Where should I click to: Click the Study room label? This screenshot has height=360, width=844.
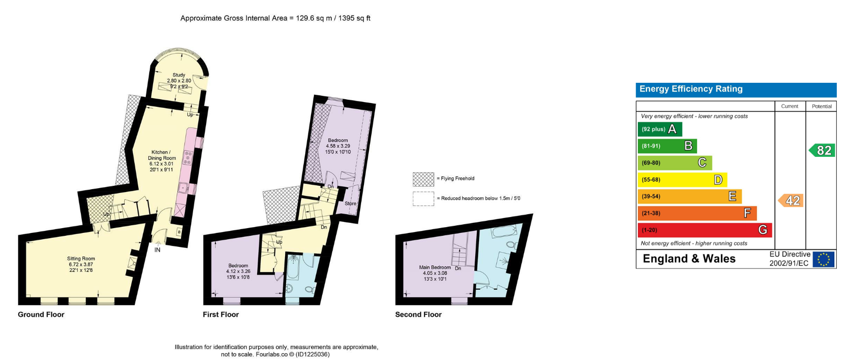pos(179,75)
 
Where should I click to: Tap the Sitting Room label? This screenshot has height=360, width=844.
pos(81,259)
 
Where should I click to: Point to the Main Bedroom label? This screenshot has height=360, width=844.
pos(435,268)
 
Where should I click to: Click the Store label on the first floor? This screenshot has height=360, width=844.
pos(351,204)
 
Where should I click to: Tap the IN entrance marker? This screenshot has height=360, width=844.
pos(157,250)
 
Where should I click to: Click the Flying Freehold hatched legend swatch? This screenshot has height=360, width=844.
pos(423,179)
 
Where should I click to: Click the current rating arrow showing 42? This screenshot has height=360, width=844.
pos(791,200)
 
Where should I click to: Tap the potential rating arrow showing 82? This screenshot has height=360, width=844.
pos(821,150)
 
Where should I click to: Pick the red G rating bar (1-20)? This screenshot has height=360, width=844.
pos(705,230)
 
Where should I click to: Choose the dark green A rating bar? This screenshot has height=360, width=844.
pos(660,129)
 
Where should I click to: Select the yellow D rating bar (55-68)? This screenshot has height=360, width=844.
pos(682,180)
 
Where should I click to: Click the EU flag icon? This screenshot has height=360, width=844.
pos(823,259)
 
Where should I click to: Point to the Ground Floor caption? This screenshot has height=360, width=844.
pos(41,314)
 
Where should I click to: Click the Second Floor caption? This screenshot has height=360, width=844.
pos(418,314)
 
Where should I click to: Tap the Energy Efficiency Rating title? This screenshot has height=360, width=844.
pos(691,89)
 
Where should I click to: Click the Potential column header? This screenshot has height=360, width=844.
pos(821,106)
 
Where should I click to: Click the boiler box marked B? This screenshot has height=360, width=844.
pos(179,231)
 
